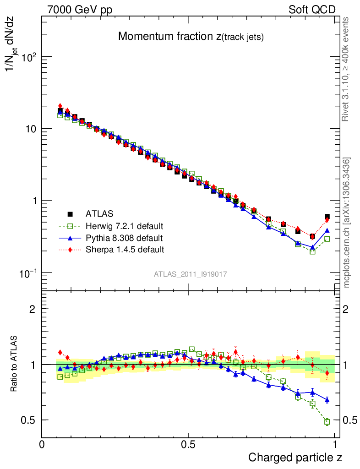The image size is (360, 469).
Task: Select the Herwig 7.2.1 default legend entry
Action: [124, 226]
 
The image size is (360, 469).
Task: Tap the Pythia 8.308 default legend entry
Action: [124, 238]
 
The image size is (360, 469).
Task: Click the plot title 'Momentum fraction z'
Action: [191, 37]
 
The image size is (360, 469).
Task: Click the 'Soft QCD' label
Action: [312, 10]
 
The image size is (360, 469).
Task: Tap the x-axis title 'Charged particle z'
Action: [295, 457]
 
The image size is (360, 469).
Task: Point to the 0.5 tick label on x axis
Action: [188, 444]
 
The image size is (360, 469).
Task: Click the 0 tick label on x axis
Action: [42, 444]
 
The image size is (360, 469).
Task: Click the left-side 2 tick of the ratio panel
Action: [33, 309]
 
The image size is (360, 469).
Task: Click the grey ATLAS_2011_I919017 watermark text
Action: [191, 274]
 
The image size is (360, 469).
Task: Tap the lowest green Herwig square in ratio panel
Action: [327, 422]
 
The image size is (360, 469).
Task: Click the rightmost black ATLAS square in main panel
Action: [327, 217]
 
